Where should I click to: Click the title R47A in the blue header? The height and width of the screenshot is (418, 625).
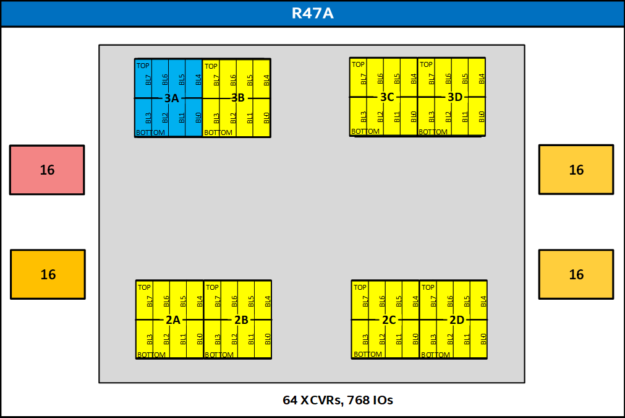pos(312,13)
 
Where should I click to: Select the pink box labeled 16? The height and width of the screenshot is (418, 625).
pos(47,170)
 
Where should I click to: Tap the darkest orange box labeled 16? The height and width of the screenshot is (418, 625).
pos(48,274)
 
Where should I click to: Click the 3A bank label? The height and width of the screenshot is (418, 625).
pos(171,98)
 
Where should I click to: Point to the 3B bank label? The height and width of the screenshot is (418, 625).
pos(238,98)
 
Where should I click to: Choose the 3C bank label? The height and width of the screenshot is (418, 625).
pos(387,97)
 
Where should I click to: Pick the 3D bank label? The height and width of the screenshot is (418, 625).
pos(455,97)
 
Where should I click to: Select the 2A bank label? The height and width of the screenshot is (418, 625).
pos(172,320)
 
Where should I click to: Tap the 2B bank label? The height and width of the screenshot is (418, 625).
pos(241,320)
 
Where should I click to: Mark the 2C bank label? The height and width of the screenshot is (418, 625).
pos(389,320)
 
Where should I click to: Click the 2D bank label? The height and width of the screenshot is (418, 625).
pos(457,320)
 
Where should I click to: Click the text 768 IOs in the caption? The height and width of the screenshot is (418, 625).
pos(370,400)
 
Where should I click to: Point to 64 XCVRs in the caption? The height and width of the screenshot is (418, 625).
pos(312,400)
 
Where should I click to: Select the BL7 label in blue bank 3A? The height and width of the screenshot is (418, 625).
pos(148,80)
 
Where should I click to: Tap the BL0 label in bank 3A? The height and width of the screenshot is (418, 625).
pos(198,118)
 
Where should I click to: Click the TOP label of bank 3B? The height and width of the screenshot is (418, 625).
pos(211,66)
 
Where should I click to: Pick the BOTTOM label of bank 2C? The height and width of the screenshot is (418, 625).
pos(367,354)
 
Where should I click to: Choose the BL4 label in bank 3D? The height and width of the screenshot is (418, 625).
pos(482,79)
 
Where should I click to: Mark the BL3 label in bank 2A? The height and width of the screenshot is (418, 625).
pos(150,339)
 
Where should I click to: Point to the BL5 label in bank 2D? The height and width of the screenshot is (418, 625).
pos(467,302)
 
